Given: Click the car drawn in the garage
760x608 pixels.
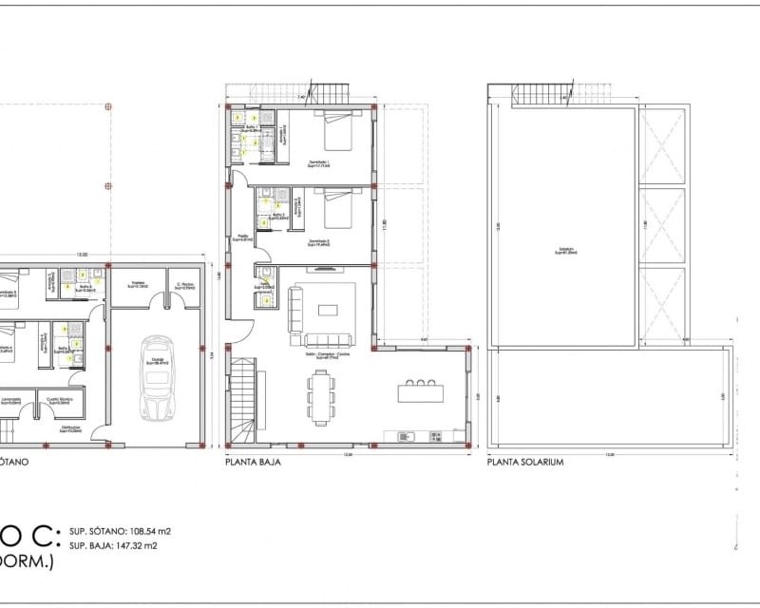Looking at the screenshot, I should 156,379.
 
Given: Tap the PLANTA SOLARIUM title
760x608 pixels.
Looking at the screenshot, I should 526,465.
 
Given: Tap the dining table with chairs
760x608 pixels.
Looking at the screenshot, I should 320,396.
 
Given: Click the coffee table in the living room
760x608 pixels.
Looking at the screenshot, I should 328,309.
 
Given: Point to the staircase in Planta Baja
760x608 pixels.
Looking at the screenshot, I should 244,399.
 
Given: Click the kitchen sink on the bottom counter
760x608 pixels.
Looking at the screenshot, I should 404,436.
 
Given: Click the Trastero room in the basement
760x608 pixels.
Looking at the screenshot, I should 136,285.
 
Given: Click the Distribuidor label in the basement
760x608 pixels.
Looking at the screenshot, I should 68,429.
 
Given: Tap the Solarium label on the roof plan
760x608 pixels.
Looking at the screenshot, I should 567,252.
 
